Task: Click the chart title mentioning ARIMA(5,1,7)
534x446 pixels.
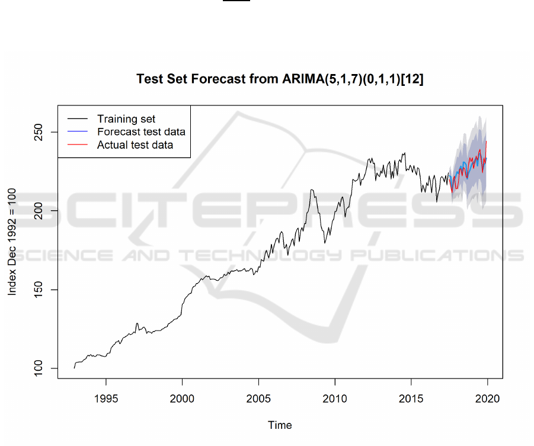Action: (280, 79)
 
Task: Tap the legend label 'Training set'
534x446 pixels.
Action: (126, 119)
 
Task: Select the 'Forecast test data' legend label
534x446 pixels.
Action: (141, 131)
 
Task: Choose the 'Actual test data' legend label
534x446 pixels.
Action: (135, 145)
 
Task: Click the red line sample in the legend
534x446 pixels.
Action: (76, 145)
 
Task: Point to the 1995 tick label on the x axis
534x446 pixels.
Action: (105, 398)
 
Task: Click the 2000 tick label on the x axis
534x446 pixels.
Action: (182, 398)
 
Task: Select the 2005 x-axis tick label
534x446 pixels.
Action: (258, 398)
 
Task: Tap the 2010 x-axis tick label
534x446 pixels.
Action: (335, 398)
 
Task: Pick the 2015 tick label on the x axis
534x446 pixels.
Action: (411, 398)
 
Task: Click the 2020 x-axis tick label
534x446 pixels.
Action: (487, 398)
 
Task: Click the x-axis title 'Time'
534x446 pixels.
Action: (280, 425)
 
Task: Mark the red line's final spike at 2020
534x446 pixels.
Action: (487, 142)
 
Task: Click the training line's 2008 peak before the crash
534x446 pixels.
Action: (312, 190)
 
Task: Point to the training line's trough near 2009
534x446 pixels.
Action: (324, 242)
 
